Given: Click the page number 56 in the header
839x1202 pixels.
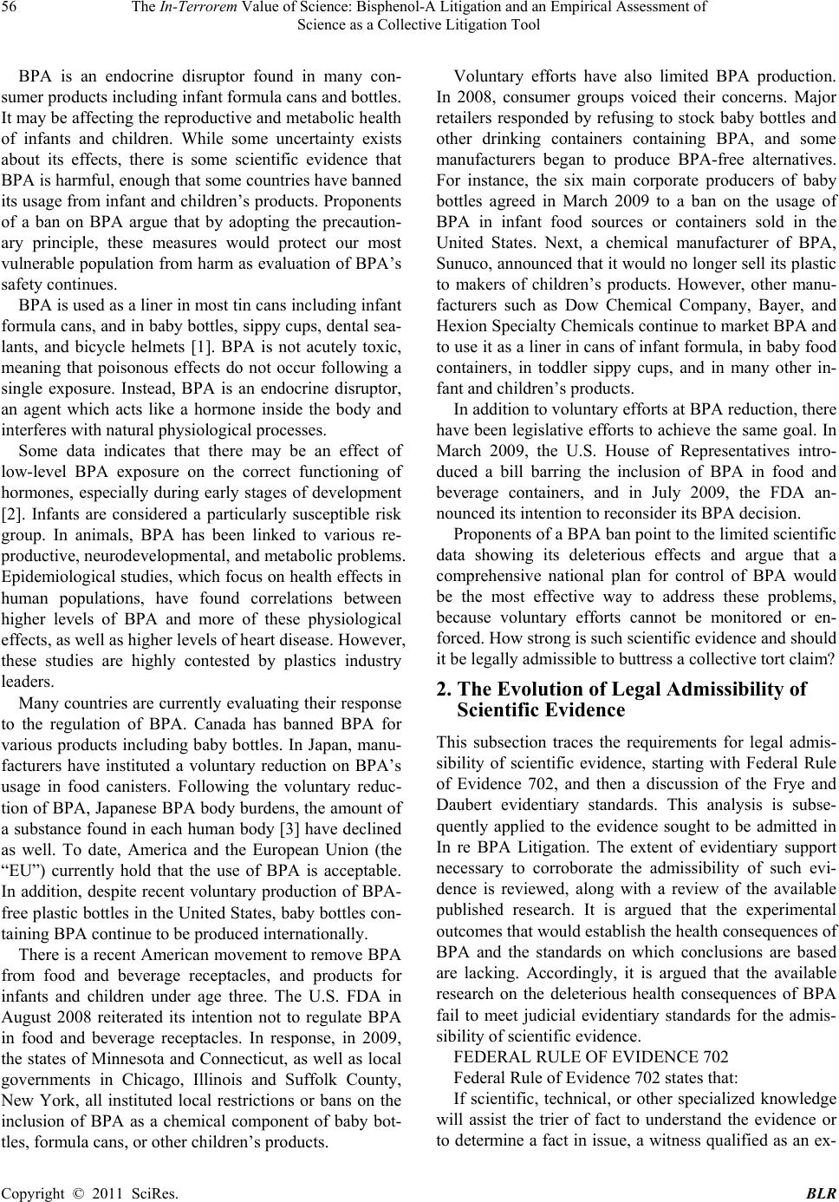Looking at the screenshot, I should (x=10, y=8).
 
